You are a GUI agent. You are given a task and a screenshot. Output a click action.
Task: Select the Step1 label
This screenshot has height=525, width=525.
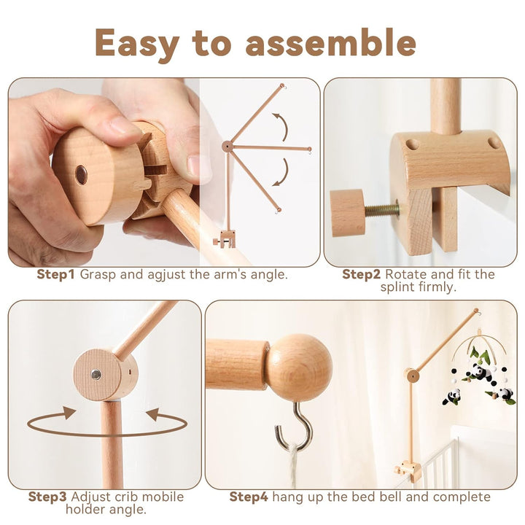[56, 275]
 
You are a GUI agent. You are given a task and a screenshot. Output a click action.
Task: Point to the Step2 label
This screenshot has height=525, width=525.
[362, 275]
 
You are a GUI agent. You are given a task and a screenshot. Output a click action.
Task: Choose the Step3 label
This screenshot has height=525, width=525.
[48, 497]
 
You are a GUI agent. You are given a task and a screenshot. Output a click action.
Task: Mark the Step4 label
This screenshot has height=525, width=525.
[249, 497]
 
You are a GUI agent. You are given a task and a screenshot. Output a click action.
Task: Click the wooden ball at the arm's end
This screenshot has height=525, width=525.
[299, 367]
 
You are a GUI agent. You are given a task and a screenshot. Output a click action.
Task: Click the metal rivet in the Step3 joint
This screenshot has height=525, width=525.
[96, 373]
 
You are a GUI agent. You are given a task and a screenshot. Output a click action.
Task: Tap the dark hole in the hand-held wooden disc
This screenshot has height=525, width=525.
[81, 174]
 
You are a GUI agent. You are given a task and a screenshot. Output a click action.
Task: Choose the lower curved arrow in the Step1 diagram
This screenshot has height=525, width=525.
[280, 172]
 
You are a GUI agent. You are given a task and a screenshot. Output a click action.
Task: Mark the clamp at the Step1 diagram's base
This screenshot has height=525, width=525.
[225, 238]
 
